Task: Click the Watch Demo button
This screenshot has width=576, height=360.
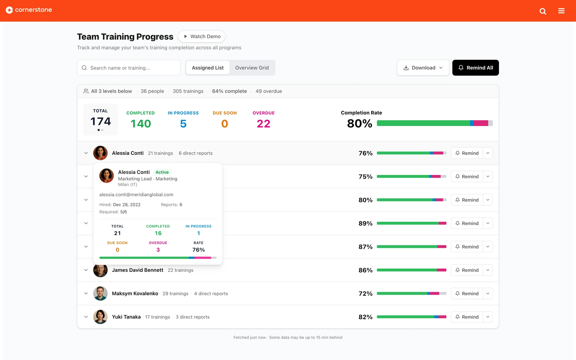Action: [x=202, y=36]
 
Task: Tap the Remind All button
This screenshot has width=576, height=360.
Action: [x=476, y=68]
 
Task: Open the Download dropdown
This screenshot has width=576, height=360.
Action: [x=423, y=68]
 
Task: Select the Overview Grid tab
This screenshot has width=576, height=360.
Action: [x=252, y=68]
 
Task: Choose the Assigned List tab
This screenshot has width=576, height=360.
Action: [x=207, y=68]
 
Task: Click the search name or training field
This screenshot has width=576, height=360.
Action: [x=129, y=68]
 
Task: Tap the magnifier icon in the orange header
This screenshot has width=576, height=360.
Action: [x=543, y=11]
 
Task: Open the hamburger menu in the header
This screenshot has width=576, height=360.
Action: [x=561, y=11]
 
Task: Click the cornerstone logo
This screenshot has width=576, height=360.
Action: [x=29, y=10]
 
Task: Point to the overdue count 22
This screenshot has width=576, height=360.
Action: [x=263, y=124]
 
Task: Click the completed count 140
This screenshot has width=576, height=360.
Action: [x=141, y=124]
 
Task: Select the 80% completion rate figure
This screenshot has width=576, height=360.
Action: [x=360, y=123]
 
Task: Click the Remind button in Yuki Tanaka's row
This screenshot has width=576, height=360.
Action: [x=467, y=317]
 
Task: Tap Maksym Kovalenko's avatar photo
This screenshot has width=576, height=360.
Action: [x=100, y=293]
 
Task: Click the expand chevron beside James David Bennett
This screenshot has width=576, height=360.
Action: [x=86, y=270]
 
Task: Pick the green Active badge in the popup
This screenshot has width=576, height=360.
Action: [x=162, y=172]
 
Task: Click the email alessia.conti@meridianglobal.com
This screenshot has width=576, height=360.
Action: [x=136, y=195]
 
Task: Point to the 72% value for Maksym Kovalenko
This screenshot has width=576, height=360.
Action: [x=365, y=293]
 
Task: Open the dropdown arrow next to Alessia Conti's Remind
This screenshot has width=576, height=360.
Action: [x=488, y=153]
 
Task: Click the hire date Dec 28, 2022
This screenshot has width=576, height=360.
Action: [x=127, y=205]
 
